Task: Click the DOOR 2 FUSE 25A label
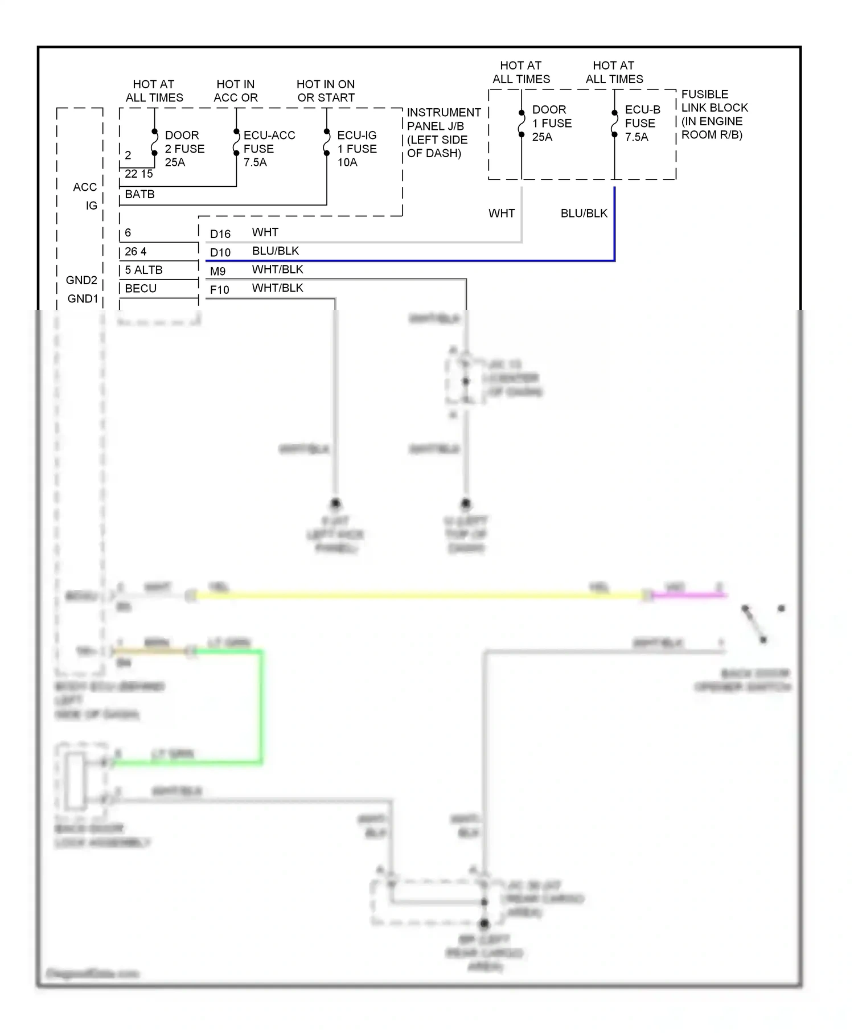point(184,149)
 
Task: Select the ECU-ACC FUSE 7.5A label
point(269,149)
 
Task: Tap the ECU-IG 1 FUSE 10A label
point(356,149)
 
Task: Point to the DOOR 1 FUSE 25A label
point(551,123)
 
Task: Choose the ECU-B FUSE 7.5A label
point(642,123)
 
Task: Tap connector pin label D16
point(220,234)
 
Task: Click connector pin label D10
point(220,252)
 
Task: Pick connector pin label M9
point(217,271)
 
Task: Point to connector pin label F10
point(219,290)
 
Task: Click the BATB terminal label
point(139,194)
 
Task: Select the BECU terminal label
point(141,288)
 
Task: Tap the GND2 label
point(81,280)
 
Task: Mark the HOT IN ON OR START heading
point(325,91)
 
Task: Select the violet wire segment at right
point(689,596)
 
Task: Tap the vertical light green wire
point(261,706)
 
